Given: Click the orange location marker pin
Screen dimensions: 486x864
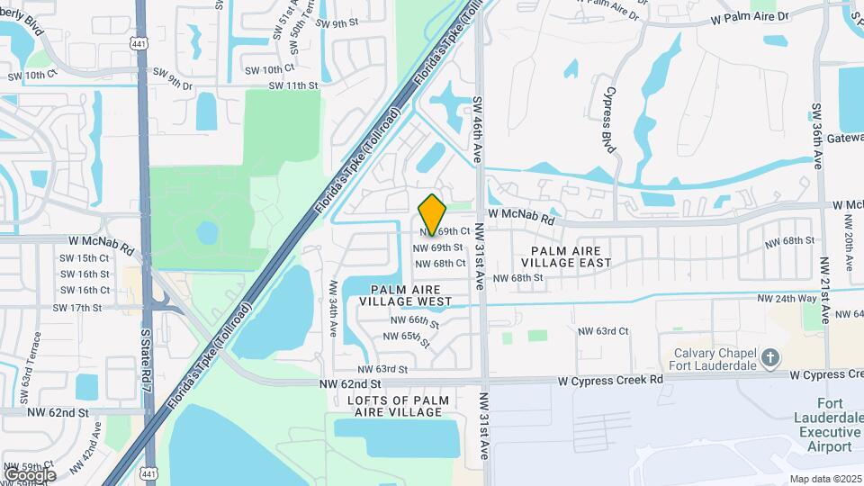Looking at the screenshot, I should coord(433,214).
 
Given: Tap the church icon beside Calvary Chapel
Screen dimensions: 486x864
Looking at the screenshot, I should coord(769,359).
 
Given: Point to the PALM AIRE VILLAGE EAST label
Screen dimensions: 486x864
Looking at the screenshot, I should coord(571,256).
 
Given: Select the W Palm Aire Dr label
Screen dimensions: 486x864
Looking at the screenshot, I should coord(748,17).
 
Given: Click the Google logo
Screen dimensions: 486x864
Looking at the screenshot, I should coord(29,474).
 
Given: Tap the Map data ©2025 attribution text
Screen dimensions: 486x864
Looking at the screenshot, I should coord(824,479).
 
